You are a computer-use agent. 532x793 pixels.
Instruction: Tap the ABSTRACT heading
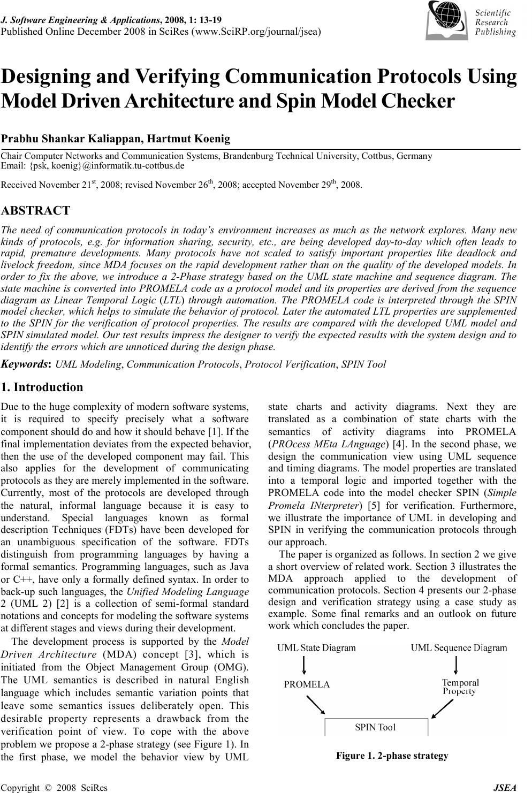click(x=35, y=210)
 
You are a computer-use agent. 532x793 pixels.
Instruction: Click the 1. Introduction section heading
click(x=42, y=387)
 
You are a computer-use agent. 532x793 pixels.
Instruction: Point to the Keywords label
click(x=26, y=364)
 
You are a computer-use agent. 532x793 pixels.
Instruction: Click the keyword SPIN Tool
click(x=363, y=364)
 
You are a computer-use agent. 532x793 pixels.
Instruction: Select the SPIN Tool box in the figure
click(x=376, y=727)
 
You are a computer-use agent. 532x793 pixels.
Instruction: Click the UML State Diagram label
click(x=316, y=648)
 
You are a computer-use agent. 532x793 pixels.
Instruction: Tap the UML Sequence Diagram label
click(x=458, y=648)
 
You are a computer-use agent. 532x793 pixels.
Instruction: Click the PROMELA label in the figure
click(x=307, y=684)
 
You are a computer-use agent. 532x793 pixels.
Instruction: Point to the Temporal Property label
click(x=460, y=687)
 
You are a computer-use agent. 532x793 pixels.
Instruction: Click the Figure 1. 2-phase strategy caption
click(x=392, y=756)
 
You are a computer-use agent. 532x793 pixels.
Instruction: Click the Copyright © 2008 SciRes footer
click(x=54, y=787)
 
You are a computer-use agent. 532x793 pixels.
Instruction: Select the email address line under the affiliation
click(x=93, y=165)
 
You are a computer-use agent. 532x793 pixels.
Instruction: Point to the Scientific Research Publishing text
click(x=495, y=22)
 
